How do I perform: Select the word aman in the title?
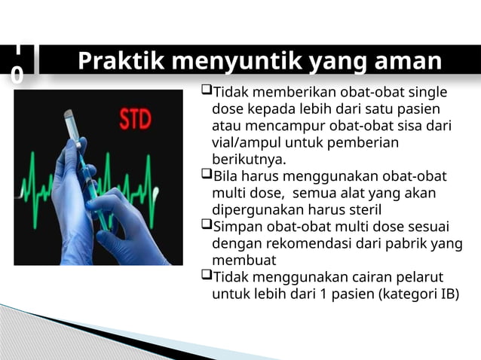[403, 62]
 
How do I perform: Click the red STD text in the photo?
[135, 118]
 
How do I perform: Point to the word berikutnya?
[249, 160]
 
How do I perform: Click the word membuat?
[244, 260]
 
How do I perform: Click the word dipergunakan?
[257, 209]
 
